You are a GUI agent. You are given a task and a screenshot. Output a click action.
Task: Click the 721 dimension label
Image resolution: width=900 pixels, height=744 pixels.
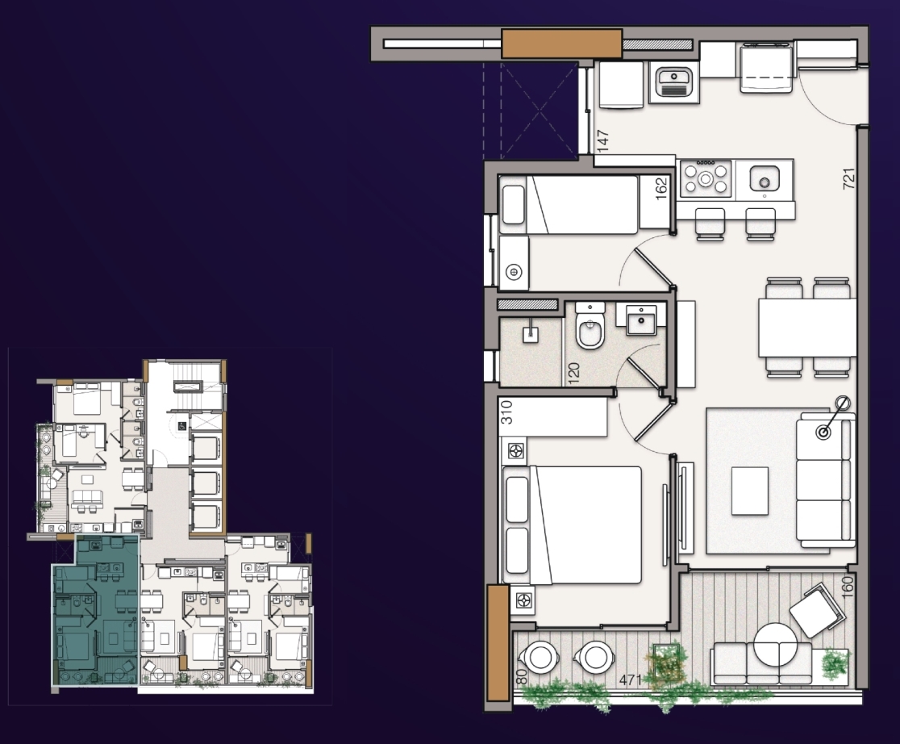(849, 178)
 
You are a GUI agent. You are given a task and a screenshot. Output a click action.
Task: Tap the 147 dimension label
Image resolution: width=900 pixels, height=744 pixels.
(602, 140)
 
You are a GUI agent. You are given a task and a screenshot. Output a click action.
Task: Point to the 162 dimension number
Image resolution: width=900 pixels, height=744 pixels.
(661, 188)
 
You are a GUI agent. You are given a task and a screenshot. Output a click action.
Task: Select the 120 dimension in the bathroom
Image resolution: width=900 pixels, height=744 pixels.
(573, 374)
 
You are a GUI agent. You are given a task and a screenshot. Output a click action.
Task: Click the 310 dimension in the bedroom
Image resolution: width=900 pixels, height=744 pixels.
(506, 412)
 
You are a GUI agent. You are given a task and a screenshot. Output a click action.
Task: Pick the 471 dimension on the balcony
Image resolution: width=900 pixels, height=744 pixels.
(630, 679)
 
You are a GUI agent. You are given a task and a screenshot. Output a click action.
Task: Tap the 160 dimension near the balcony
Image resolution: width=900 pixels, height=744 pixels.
(848, 587)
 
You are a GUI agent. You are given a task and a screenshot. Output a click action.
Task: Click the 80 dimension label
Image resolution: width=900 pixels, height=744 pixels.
(521, 676)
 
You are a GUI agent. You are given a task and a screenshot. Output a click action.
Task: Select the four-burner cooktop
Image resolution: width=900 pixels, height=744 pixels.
(706, 178)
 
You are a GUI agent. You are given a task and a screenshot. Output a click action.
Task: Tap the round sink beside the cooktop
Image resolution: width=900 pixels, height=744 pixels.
(764, 178)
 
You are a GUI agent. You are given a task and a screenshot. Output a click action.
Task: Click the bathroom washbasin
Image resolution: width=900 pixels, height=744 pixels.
(641, 320)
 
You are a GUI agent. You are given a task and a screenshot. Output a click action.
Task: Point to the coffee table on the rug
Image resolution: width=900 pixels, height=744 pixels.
(750, 491)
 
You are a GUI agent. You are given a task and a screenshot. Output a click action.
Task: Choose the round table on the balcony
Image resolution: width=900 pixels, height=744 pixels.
(776, 645)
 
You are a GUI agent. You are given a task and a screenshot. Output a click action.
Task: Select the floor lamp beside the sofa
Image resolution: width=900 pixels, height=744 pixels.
(832, 418)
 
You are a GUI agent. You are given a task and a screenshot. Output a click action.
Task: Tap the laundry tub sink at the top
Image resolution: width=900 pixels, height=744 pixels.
(674, 82)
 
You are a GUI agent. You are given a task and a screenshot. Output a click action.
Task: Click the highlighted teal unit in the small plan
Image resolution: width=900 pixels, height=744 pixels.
(97, 609)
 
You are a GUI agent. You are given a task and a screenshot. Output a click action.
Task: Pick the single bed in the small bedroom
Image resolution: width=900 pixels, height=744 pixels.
(569, 204)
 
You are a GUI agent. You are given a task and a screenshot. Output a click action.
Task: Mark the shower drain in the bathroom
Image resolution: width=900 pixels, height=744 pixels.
(531, 332)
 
